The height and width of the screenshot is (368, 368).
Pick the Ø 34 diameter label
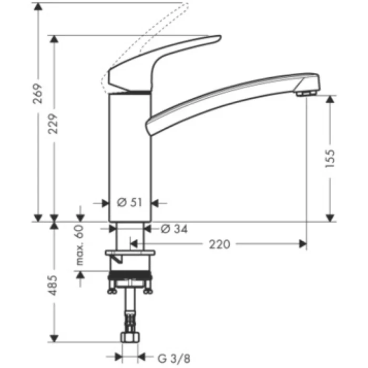click(173, 229)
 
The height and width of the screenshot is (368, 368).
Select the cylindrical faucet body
click(130, 158)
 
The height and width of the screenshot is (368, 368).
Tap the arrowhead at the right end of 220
click(303, 244)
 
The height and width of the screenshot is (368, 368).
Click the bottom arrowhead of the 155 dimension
click(330, 218)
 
